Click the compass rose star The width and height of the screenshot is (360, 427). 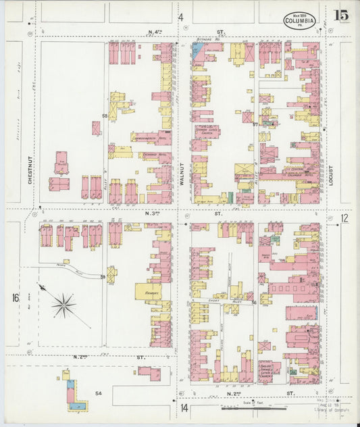click(x=63, y=306)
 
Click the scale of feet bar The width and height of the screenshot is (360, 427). click(x=254, y=408)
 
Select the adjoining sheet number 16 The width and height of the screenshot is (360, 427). click(x=14, y=298)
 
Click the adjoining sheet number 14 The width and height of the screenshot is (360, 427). click(x=183, y=407)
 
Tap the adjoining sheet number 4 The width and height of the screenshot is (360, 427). click(x=180, y=17)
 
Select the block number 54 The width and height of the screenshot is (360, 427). click(x=98, y=393)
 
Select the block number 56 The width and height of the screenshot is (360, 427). click(x=254, y=302)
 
